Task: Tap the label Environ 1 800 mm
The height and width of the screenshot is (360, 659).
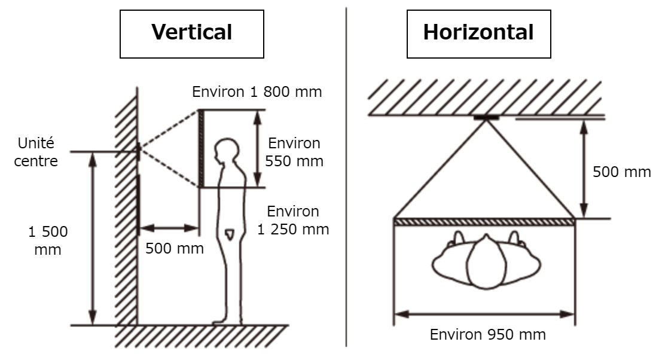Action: coord(257,91)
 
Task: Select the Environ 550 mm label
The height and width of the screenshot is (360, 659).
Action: coord(294,152)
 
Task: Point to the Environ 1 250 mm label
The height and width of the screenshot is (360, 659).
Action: coord(293,220)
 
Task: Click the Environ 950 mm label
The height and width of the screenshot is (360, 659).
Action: coord(487,335)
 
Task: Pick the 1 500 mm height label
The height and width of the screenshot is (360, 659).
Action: coord(47,240)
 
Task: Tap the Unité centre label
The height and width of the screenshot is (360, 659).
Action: coord(36,152)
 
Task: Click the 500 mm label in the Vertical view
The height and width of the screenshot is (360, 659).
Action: coord(175,248)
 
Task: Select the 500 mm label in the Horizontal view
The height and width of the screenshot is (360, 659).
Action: coord(621,172)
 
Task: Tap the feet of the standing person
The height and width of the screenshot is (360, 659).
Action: coord(227,322)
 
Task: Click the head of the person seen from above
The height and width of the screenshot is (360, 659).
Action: coord(486,262)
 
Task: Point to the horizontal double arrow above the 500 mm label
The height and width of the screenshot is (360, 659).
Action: coord(169,228)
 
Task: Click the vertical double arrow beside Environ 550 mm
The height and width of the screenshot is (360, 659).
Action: coord(258,148)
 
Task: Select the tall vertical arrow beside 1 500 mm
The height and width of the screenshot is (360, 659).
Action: coord(93,239)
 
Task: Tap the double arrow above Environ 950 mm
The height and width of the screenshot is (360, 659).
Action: coord(484,314)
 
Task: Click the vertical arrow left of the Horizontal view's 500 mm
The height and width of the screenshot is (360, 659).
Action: coord(583,169)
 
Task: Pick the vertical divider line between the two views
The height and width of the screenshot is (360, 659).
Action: coord(346,176)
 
